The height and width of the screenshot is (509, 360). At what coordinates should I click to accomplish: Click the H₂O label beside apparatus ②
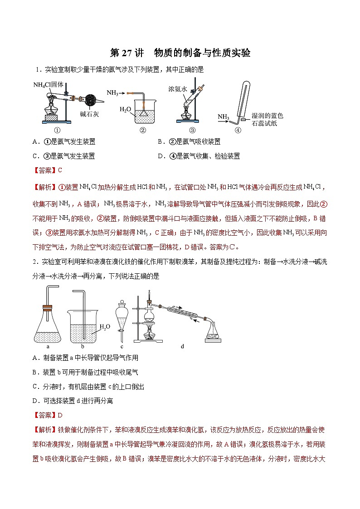[x=126, y=109]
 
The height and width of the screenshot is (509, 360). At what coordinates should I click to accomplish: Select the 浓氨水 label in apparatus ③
[x=177, y=89]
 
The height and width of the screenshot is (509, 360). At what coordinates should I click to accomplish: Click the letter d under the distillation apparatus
[x=182, y=347]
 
